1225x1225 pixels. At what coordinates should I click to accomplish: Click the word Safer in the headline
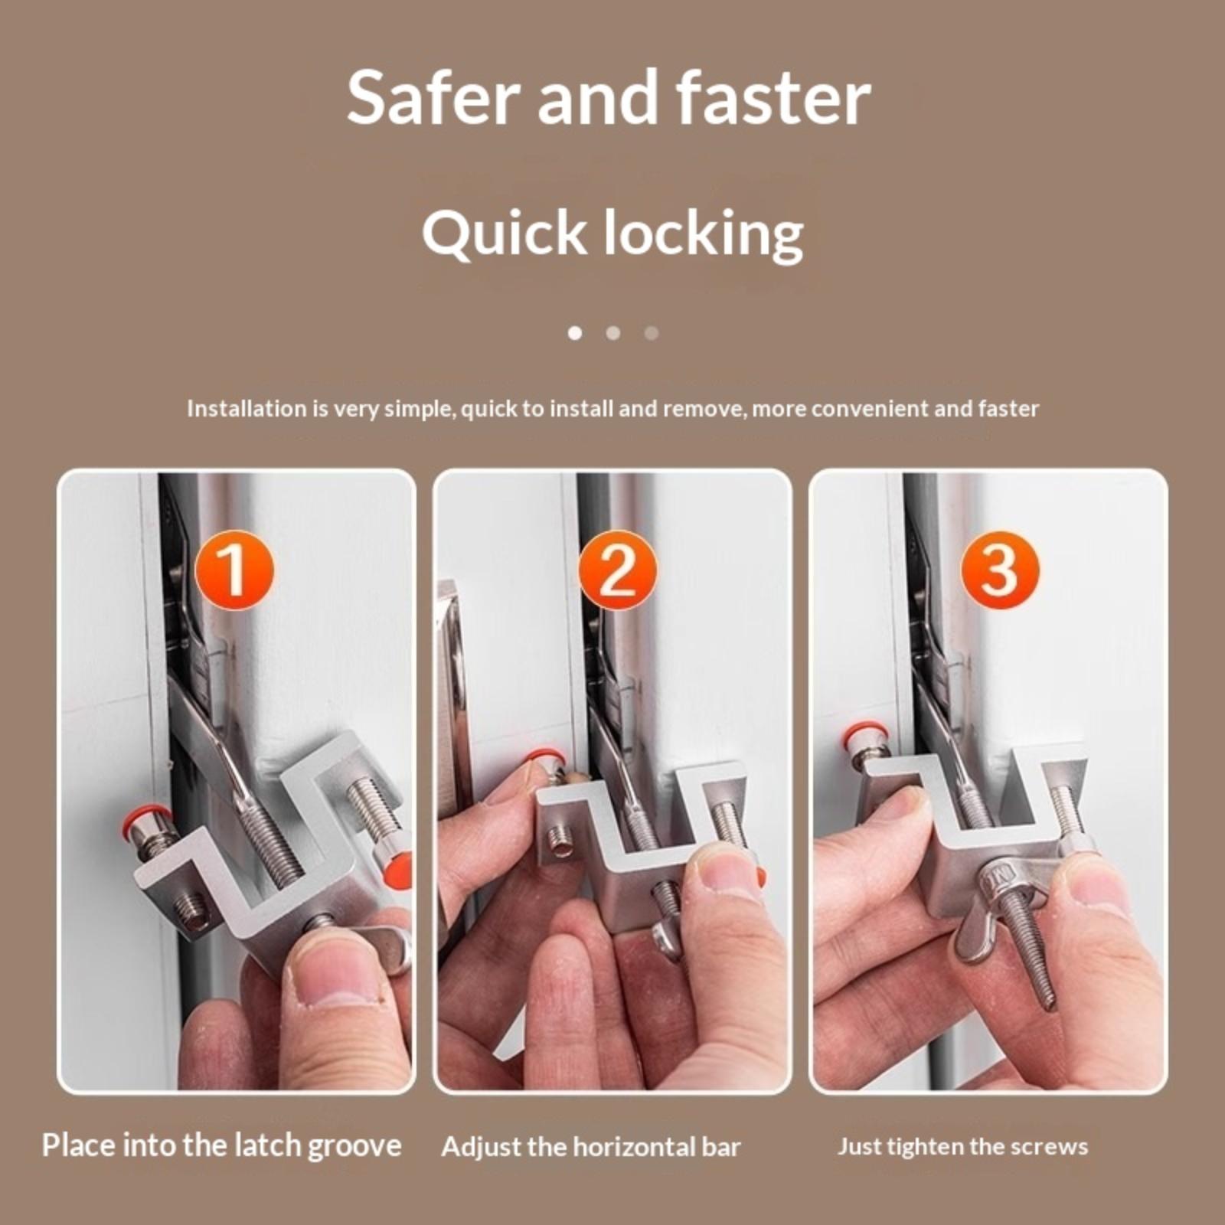(434, 97)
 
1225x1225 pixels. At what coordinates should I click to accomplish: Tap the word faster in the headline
(773, 97)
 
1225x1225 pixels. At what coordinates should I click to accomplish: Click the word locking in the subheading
(704, 234)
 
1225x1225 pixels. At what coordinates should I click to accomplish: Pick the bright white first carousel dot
(575, 333)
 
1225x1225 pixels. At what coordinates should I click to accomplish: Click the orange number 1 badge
(234, 570)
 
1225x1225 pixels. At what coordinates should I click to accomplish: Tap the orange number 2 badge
(617, 570)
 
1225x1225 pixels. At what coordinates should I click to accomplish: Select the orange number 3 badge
(999, 570)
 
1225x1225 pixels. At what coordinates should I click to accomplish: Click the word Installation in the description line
(247, 408)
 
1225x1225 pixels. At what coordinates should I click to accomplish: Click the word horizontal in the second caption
(632, 1147)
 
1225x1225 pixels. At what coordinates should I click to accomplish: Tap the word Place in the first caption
(79, 1145)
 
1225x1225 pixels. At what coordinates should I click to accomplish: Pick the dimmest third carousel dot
(652, 333)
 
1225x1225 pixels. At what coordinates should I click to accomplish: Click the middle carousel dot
(613, 333)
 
